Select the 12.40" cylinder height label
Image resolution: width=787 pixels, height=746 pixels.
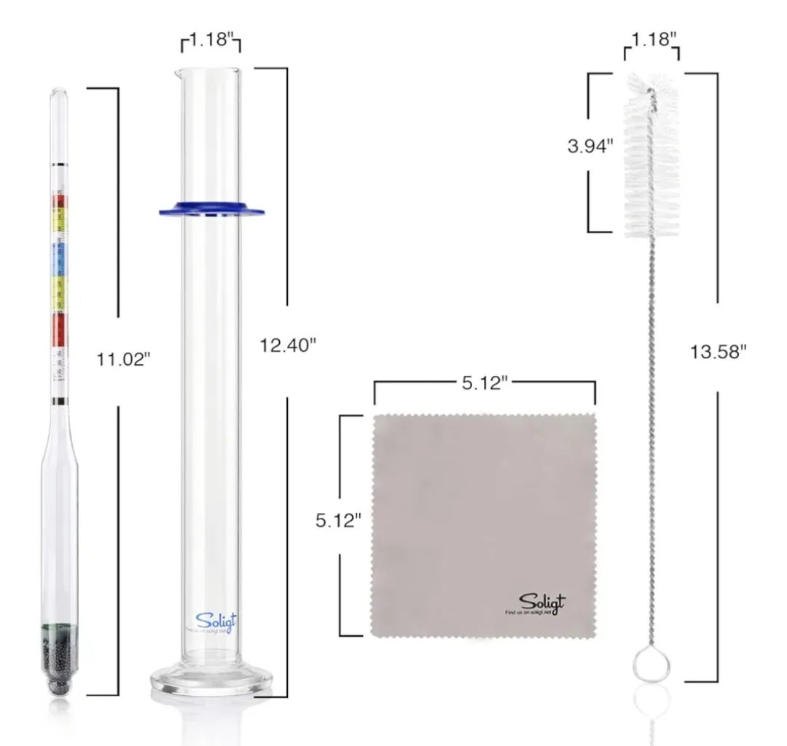[288, 345]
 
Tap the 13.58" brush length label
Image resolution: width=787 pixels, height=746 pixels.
[719, 352]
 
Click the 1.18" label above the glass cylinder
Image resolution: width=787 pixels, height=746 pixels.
[211, 41]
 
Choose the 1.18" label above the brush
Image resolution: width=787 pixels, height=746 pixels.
[651, 39]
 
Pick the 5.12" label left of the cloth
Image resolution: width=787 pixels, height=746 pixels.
[339, 520]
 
